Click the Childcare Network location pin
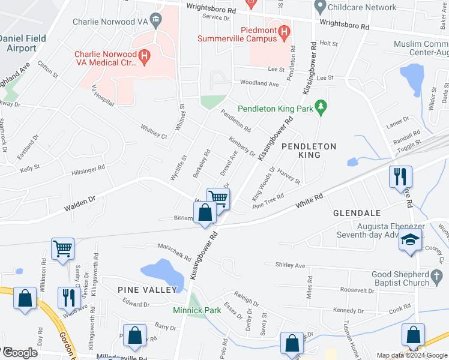[x=319, y=7]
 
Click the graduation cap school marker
[x=410, y=240]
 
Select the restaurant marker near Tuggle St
[x=400, y=176]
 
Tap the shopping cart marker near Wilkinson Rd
[x=62, y=248]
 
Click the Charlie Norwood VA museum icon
[x=156, y=22]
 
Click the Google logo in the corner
[x=19, y=353]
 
